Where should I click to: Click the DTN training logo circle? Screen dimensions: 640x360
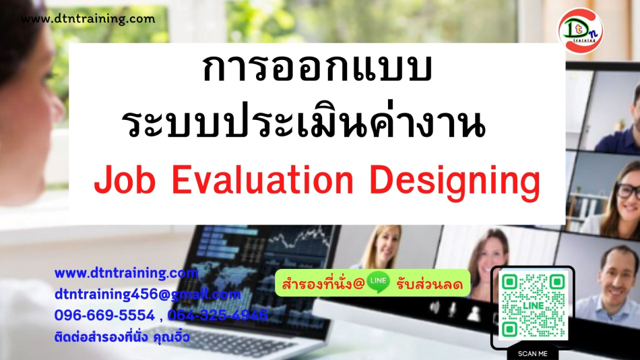point(581,31)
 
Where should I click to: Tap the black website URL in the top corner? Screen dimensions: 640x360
point(88,19)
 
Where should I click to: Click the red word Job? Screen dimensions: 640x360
point(125,180)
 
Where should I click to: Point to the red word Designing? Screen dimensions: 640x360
point(455,183)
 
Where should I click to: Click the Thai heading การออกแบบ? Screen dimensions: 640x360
point(317,68)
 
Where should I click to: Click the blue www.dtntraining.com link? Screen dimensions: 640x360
point(126,273)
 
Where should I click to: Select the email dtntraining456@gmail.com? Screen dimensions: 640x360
point(148,294)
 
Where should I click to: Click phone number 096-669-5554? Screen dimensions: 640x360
point(104,316)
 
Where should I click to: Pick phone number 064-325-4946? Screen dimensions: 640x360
point(218,316)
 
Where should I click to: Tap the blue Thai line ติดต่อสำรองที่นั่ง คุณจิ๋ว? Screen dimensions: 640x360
point(122,336)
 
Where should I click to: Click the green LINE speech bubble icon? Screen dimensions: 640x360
point(378,282)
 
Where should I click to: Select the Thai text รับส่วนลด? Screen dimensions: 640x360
point(429,284)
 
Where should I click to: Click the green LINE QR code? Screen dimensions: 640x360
point(533,305)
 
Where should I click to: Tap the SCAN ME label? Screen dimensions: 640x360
point(533,354)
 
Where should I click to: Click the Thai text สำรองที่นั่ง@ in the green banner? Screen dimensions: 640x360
point(323,283)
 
